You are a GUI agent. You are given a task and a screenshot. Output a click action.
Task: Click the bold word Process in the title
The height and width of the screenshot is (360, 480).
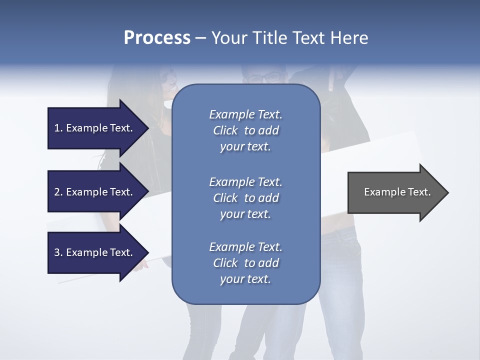pyautogui.click(x=157, y=38)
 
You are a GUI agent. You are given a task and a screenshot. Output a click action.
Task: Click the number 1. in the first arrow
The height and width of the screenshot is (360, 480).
pyautogui.click(x=58, y=128)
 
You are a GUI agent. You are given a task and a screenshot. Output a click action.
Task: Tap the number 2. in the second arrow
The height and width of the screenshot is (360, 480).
pyautogui.click(x=58, y=192)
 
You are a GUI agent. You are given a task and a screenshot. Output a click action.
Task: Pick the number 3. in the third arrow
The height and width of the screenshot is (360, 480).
pyautogui.click(x=58, y=252)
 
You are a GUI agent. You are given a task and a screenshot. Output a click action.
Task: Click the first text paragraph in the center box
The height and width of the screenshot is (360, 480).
pyautogui.click(x=245, y=130)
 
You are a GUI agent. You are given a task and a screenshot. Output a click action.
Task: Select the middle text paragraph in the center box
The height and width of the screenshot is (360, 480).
pyautogui.click(x=245, y=198)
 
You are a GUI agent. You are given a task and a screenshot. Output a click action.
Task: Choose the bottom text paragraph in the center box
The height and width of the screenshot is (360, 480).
pyautogui.click(x=245, y=263)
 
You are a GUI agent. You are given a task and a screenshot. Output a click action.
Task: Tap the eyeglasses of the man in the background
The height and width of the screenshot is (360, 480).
pyautogui.click(x=264, y=78)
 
